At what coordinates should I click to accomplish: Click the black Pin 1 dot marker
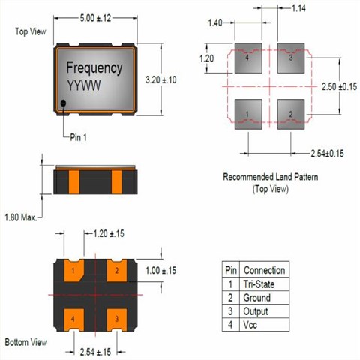click(63, 103)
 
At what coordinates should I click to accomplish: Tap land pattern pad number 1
click(247, 115)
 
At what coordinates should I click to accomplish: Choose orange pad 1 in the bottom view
click(73, 270)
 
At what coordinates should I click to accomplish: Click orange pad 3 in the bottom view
click(118, 320)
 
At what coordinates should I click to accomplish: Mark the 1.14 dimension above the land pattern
click(301, 8)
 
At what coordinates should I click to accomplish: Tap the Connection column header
click(265, 270)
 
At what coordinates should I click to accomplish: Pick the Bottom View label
click(25, 341)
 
